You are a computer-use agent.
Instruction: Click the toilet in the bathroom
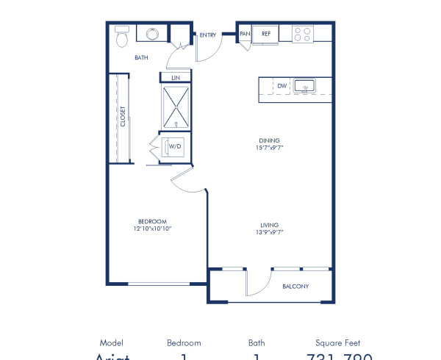pos(122,36)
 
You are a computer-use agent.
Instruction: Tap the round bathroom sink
pos(153,35)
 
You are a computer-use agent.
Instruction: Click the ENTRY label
pos(208,35)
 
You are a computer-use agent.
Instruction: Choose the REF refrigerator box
pos(265,34)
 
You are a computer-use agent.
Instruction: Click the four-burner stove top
pos(302,34)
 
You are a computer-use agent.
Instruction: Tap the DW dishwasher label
pos(282,86)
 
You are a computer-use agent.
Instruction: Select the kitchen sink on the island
pos(304,87)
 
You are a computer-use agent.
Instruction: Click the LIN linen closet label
pos(175,77)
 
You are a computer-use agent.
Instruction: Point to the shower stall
pos(175,107)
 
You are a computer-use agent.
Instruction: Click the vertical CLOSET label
pos(123,118)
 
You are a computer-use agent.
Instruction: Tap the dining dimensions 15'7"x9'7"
pos(269,147)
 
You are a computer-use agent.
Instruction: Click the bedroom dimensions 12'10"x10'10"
pos(153,228)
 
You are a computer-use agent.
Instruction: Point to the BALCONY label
pos(295,287)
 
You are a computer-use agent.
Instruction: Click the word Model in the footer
pos(111,342)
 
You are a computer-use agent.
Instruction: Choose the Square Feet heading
pos(336,342)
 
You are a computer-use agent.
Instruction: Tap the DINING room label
pos(269,140)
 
